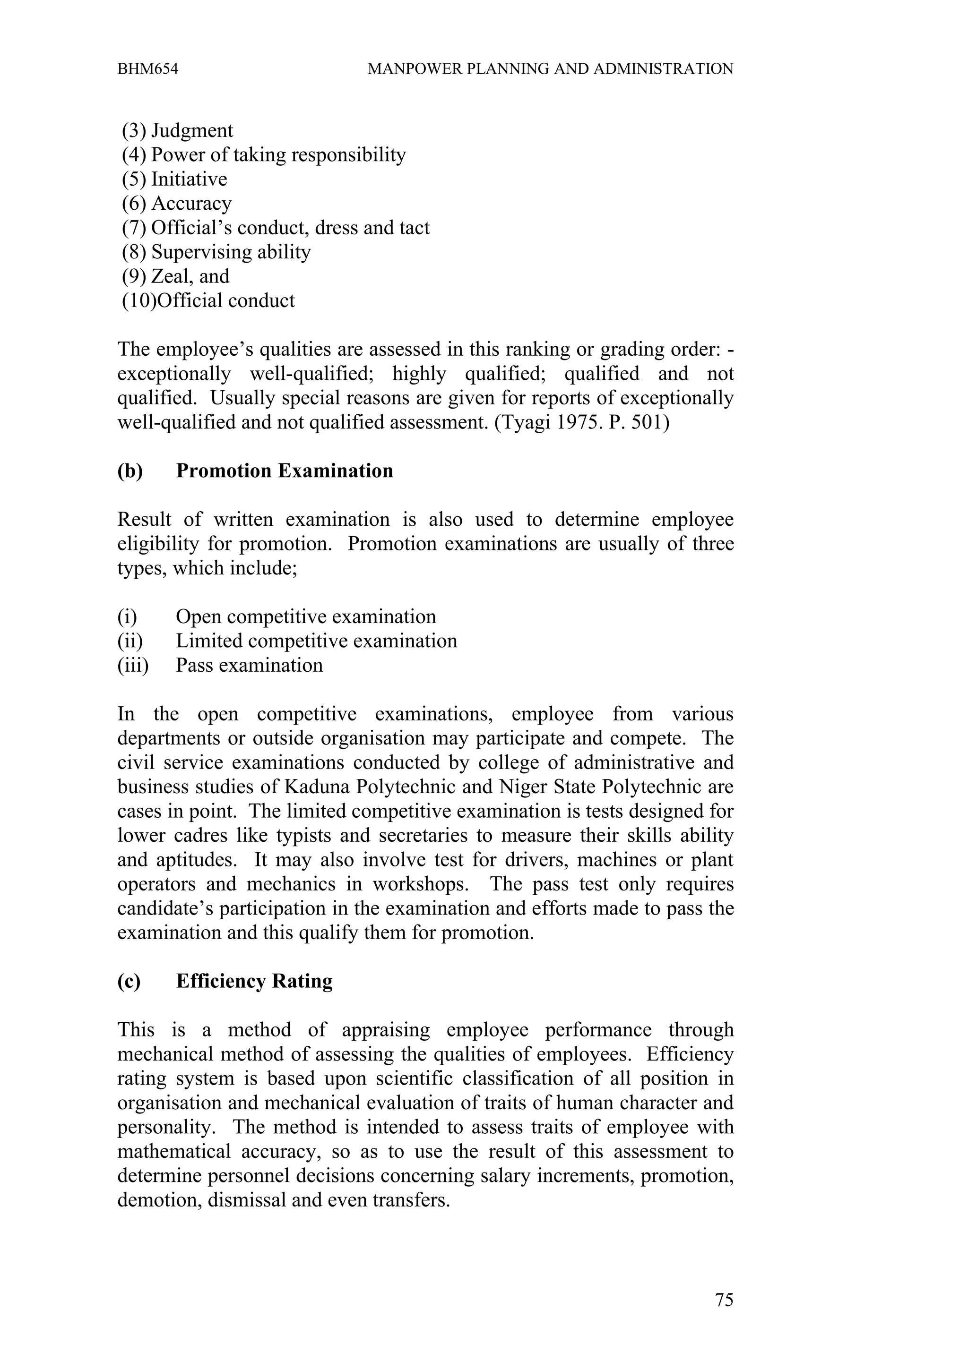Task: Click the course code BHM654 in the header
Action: point(147,69)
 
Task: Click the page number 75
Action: point(724,1300)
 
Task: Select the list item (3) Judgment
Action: point(177,130)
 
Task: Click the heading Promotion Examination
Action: point(285,471)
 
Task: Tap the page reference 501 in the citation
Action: point(645,423)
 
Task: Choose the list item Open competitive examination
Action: point(305,616)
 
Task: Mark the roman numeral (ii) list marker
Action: point(130,641)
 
